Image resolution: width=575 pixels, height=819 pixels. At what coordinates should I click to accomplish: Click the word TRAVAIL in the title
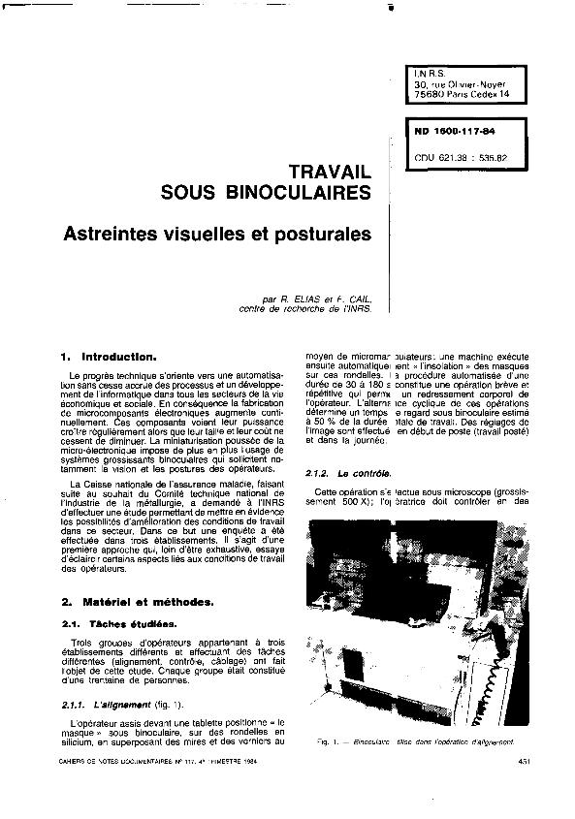[x=324, y=171]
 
